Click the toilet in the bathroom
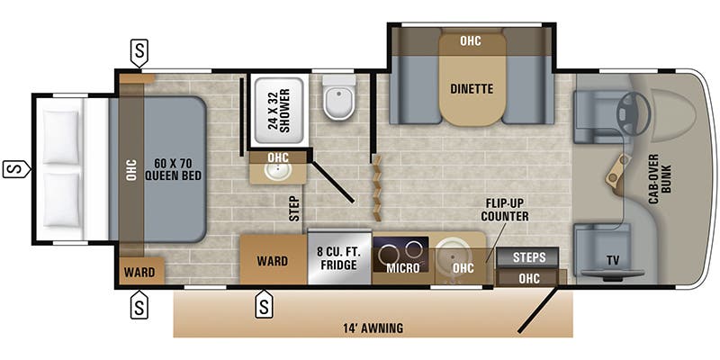click(339, 96)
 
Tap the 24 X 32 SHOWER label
click(279, 110)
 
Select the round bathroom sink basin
click(278, 172)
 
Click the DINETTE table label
click(472, 88)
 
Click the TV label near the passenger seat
click(613, 260)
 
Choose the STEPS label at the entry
click(529, 256)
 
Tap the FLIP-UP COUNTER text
click(505, 210)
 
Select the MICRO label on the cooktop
click(402, 267)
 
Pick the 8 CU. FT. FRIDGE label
click(338, 258)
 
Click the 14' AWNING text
click(373, 328)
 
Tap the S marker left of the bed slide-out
click(15, 169)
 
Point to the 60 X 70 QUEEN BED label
click(174, 169)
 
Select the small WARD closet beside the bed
click(139, 272)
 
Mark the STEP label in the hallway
click(294, 209)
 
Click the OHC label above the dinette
click(471, 40)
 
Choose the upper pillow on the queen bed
click(61, 137)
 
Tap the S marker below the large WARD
click(264, 305)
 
